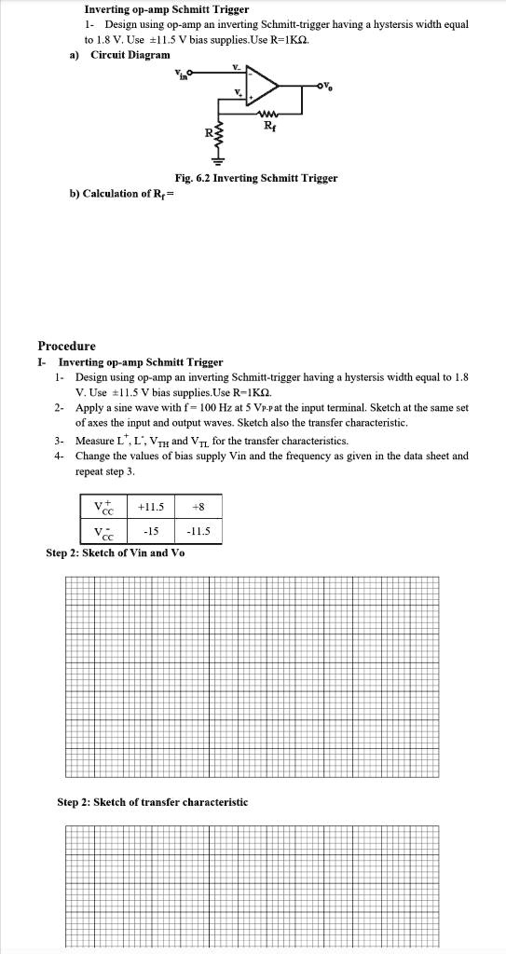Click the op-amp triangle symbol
[x=262, y=88]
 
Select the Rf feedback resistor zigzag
[x=268, y=116]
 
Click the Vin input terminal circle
[x=192, y=75]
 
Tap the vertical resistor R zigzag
[x=221, y=134]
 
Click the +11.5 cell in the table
[x=150, y=507]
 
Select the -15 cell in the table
[x=150, y=533]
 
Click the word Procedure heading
[x=66, y=346]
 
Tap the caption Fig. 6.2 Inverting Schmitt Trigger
[x=255, y=177]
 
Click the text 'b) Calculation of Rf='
[x=122, y=194]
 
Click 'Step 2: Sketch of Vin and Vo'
[x=115, y=552]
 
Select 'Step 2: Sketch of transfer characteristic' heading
[x=153, y=801]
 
